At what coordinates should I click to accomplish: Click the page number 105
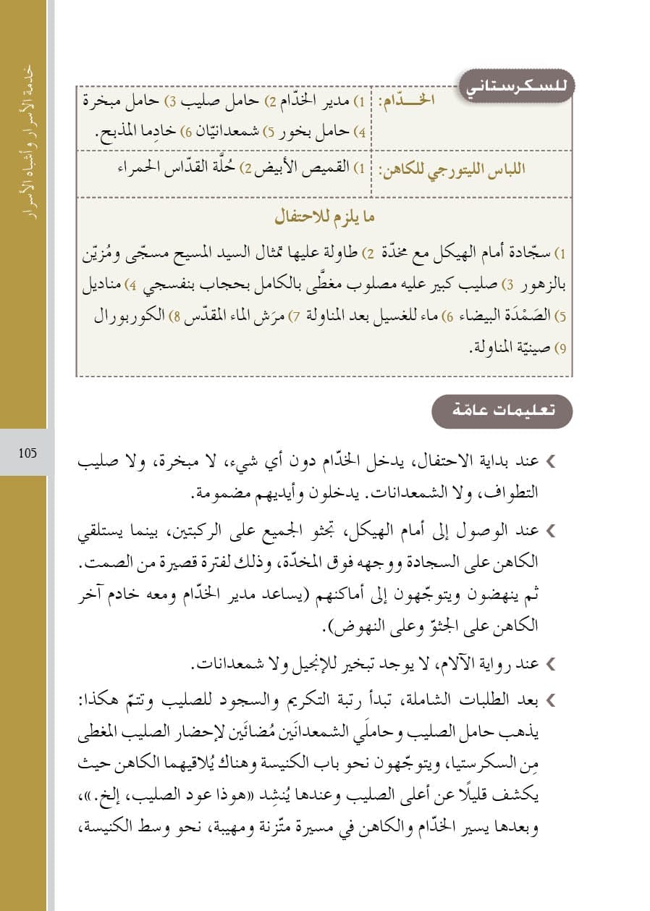28,454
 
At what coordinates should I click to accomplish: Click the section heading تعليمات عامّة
502,411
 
